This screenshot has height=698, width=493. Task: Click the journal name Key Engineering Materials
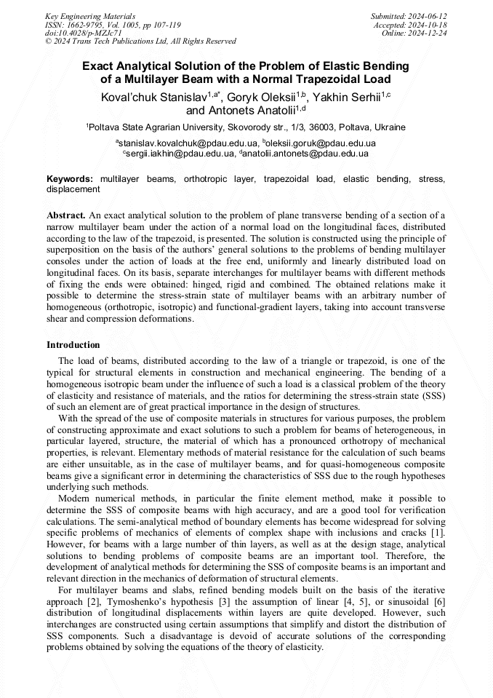pyautogui.click(x=89, y=15)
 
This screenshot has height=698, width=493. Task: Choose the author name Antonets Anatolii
pyautogui.click(x=239, y=111)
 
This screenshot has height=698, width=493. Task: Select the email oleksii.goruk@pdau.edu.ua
pyautogui.click(x=321, y=143)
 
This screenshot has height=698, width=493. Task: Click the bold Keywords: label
pyautogui.click(x=70, y=178)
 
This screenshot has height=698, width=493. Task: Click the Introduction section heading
pyautogui.click(x=73, y=344)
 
